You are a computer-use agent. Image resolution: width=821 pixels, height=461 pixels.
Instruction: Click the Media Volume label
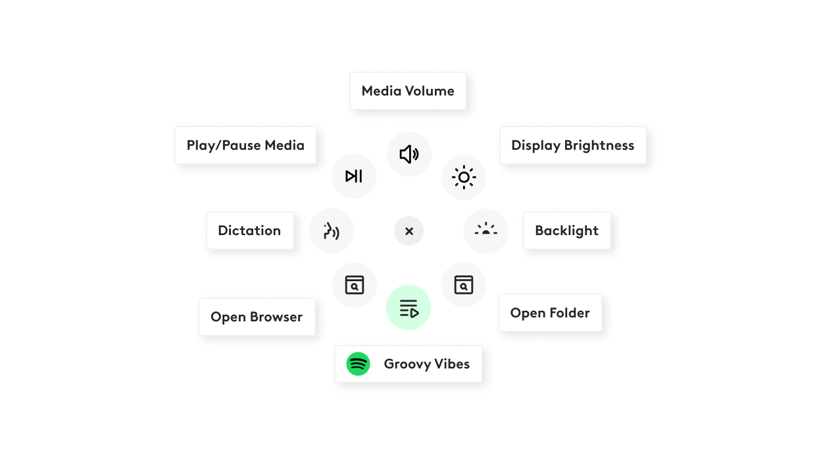point(408,91)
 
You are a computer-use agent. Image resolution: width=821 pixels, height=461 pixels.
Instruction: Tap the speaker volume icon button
point(409,154)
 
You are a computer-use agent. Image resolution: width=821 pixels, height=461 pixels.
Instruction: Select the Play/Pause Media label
point(245,146)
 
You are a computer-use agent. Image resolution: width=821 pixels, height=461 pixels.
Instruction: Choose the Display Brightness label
point(572,146)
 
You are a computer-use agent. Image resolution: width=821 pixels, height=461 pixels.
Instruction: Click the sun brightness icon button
point(464,177)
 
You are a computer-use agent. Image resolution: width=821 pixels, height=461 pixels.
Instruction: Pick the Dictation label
point(249,230)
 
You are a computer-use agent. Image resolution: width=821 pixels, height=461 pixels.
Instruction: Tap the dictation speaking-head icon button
point(332,230)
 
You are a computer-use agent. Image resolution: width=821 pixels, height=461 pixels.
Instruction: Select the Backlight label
point(566,230)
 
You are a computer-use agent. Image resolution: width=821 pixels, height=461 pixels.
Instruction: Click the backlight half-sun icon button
point(485,230)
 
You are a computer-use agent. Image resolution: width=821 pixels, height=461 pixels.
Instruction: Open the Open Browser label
point(257,317)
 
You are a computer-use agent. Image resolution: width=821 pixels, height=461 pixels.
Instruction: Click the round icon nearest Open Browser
point(354,285)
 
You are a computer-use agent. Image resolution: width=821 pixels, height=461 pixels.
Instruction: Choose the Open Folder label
point(550,313)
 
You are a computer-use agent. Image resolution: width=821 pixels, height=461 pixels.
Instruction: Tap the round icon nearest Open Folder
point(463,285)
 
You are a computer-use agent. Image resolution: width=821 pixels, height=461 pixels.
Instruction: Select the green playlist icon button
point(409,308)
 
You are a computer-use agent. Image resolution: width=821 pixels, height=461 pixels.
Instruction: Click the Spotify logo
point(359,364)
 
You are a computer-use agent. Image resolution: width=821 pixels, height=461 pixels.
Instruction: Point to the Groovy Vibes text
point(426,364)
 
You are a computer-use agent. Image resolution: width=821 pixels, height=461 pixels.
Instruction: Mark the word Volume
point(430,91)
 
